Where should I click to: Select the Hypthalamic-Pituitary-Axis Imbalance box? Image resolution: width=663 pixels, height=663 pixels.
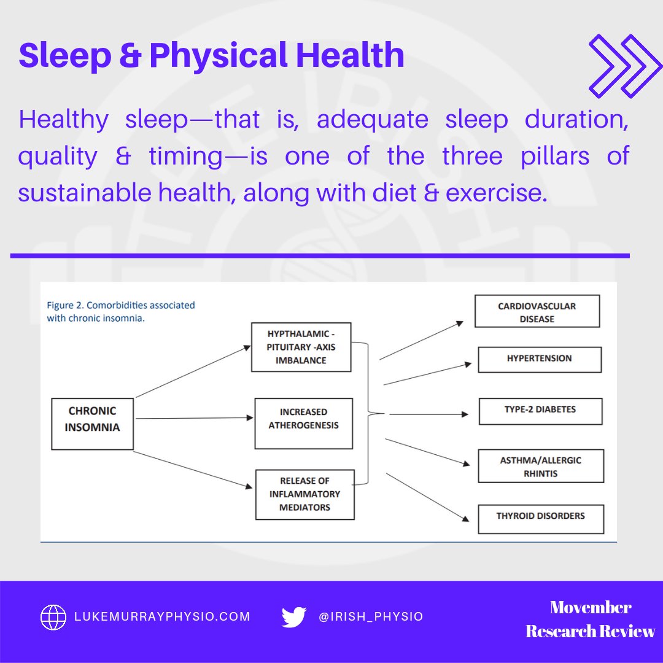coord(301,347)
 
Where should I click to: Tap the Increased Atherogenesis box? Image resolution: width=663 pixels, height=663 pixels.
coord(303,424)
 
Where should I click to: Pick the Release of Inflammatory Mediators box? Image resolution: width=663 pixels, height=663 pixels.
coord(304,494)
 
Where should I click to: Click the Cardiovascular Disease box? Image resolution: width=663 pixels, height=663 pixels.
coord(537,312)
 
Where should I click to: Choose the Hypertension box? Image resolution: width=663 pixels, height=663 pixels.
coord(539,359)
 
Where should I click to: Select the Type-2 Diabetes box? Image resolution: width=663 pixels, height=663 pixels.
coord(540,411)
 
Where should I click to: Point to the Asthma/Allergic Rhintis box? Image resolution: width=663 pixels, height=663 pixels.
coord(541,467)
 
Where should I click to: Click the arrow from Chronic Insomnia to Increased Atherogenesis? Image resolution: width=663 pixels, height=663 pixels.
coord(193,419)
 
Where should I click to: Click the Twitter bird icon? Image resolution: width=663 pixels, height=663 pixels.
coord(294,616)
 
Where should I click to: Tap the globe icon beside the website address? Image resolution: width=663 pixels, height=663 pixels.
coord(53,616)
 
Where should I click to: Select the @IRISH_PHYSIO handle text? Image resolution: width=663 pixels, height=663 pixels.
coord(371,616)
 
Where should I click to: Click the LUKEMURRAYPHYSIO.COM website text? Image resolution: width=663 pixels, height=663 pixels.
coord(163,616)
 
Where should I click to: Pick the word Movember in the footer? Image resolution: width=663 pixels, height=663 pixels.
coord(591,607)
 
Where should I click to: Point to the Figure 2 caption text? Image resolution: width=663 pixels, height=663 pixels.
coord(121,311)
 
